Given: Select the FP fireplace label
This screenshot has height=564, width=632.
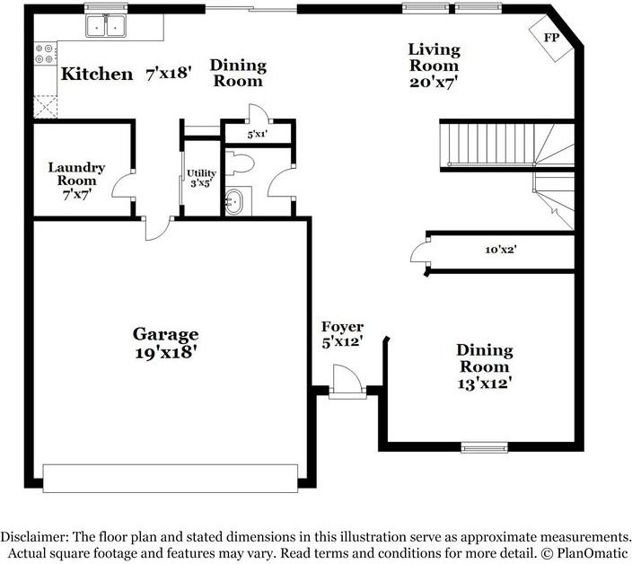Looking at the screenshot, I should (x=551, y=38).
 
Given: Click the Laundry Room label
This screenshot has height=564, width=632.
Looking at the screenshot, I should (x=76, y=174).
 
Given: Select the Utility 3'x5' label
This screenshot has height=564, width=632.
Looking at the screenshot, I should (x=200, y=179).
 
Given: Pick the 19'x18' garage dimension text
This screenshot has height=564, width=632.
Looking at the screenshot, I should (x=166, y=352).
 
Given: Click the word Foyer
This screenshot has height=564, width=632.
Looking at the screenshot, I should (x=343, y=328).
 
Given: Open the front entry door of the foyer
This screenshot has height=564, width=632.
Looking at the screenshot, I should (x=345, y=379).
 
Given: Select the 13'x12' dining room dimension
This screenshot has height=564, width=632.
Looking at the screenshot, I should (x=484, y=383).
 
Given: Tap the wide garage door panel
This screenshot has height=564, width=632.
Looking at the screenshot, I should (x=171, y=478).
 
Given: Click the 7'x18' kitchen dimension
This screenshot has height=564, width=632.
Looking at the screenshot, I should (x=170, y=74).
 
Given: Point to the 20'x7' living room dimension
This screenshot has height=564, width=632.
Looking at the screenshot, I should (x=434, y=82).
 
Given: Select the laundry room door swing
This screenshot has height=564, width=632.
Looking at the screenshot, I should (x=124, y=185).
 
